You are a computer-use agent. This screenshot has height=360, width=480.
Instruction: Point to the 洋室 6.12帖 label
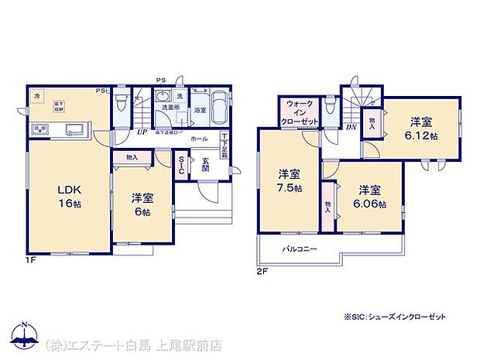pos(421,127)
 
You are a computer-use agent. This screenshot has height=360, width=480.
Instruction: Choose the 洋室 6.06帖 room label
pos(369,197)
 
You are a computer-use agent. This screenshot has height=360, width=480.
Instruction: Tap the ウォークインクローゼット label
pos(300,112)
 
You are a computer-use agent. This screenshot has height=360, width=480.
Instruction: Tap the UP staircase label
pos(142,132)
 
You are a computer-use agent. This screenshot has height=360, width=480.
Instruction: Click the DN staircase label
pos(349,127)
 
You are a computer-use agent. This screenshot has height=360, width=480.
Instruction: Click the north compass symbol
pos(25,334)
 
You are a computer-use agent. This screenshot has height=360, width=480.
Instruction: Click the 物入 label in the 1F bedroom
pos(132,157)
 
